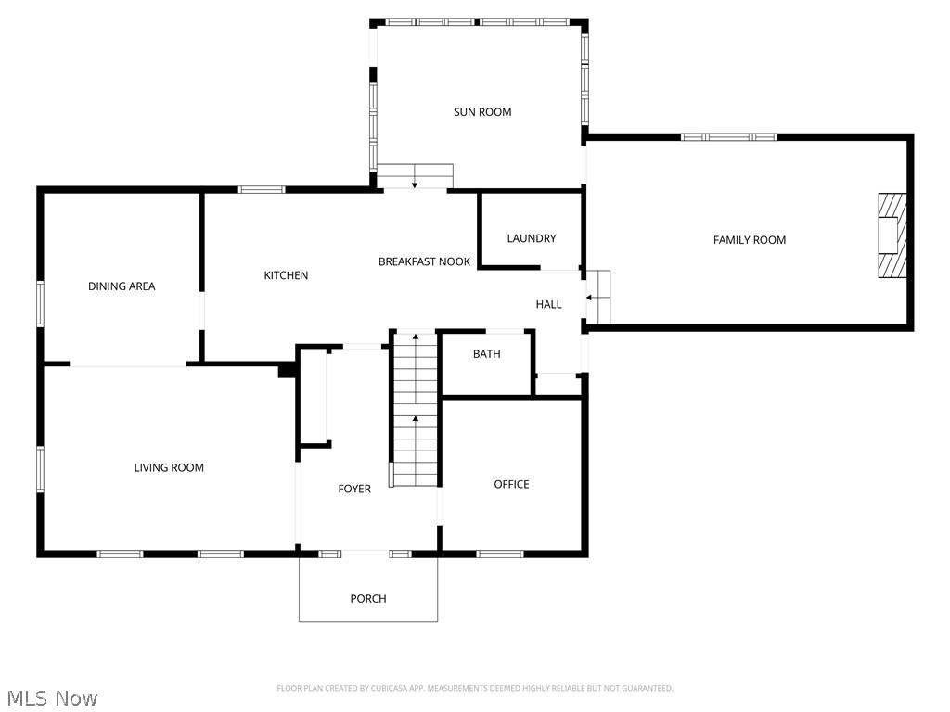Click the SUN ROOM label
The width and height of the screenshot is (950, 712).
coord(482,112)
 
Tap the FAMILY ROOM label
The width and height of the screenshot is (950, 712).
coord(749,240)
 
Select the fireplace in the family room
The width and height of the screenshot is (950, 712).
coord(892,235)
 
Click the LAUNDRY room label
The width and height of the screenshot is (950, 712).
coord(532,238)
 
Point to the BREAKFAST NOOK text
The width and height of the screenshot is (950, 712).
coord(424,261)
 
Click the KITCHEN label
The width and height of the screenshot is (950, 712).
coord(286,275)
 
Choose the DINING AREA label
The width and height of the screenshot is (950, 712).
coord(122,286)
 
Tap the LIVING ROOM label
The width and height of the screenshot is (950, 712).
coord(169,468)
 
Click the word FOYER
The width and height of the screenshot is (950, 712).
coord(354,489)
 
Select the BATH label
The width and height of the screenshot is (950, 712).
coord(487,353)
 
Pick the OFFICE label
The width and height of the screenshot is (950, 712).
coord(511,484)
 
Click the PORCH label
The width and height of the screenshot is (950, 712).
coord(368,598)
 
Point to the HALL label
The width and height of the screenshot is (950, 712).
coord(548,304)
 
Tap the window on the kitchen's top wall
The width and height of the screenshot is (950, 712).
coord(261,190)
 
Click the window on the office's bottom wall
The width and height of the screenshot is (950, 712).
coord(500,554)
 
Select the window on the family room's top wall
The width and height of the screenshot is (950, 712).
coord(729,137)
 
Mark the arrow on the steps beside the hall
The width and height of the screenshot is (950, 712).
coord(590,298)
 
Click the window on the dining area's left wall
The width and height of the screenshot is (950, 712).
coord(41,303)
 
